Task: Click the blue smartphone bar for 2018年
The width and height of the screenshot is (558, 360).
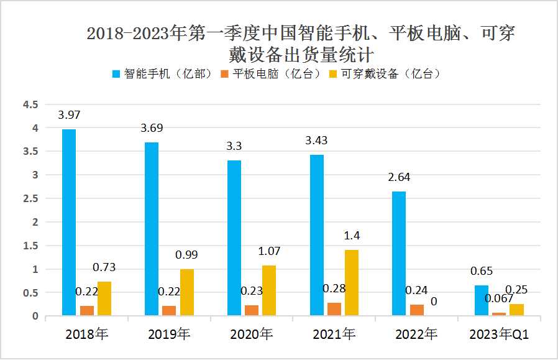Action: pyautogui.click(x=68, y=223)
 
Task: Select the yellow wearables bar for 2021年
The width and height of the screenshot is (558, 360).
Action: pyautogui.click(x=351, y=283)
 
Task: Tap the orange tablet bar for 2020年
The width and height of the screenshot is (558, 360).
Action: pyautogui.click(x=252, y=310)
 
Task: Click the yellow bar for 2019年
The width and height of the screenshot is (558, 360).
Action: pyautogui.click(x=186, y=292)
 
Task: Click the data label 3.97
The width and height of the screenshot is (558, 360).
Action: pyautogui.click(x=69, y=115)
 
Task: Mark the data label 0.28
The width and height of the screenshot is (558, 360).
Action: pyautogui.click(x=334, y=288)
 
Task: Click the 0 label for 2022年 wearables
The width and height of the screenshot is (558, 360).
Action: pyautogui.click(x=434, y=302)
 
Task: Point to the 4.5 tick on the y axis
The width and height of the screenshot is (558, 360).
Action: pyautogui.click(x=31, y=104)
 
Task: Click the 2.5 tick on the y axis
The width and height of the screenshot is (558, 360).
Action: pyautogui.click(x=31, y=198)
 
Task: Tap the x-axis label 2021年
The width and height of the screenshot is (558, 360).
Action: pyautogui.click(x=334, y=334)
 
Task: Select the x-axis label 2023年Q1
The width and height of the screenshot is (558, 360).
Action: pyautogui.click(x=498, y=334)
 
